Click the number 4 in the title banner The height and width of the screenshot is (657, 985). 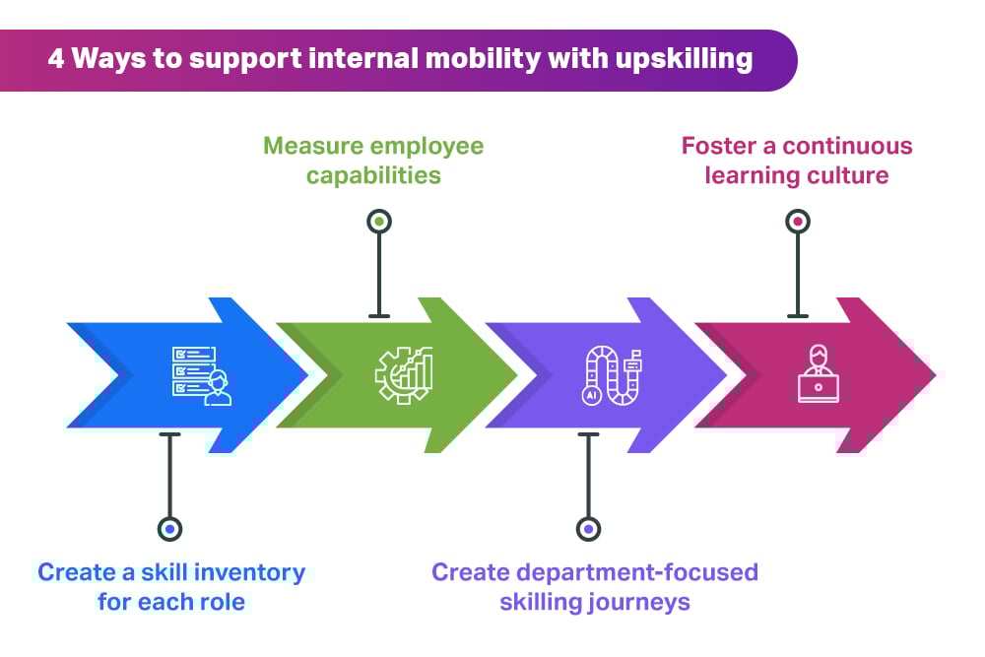coord(56,59)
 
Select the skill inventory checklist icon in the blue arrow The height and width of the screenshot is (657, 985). coord(202,374)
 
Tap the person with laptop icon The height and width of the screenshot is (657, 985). coord(818,374)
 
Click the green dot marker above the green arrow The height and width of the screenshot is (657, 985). coord(379,222)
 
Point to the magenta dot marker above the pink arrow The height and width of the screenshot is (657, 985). coord(798,222)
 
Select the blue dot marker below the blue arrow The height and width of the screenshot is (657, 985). coord(170,529)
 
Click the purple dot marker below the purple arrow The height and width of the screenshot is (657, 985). coord(588,529)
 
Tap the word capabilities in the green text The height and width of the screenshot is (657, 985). coord(373,176)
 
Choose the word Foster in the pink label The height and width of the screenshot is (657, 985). coord(715,147)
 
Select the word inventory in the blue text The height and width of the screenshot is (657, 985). coord(254,571)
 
